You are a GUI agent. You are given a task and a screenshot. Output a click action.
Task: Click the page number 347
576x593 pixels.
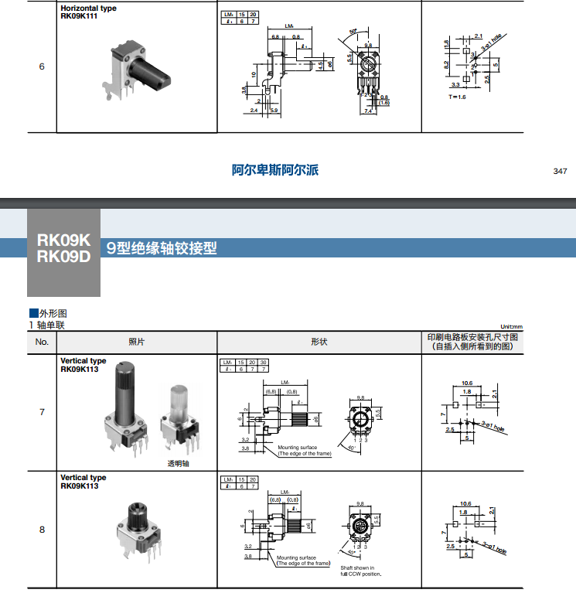560,171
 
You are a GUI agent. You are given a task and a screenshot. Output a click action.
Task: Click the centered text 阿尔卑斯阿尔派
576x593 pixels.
275,170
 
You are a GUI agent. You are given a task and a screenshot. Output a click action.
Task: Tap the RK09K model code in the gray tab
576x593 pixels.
63,240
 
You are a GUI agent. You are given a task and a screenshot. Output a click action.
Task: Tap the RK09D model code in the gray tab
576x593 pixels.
63,257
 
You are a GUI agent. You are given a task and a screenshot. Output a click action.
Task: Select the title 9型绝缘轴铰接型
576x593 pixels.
162,249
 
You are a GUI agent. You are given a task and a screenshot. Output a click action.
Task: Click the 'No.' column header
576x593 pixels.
42,342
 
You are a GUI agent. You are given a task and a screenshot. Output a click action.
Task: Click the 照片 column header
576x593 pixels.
136,342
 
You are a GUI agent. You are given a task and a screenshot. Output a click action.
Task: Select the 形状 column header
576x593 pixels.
319,342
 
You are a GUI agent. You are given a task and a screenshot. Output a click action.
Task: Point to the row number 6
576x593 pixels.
42,66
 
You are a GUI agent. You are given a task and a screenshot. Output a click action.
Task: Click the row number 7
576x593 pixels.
42,412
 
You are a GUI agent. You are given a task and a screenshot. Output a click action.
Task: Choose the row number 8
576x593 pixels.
42,530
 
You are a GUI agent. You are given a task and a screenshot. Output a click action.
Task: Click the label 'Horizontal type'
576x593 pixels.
88,9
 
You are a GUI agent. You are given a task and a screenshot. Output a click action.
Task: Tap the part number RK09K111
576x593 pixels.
79,16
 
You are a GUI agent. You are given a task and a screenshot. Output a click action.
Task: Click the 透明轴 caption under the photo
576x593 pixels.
179,464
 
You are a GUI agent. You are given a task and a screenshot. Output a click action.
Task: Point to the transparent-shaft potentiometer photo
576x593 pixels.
179,421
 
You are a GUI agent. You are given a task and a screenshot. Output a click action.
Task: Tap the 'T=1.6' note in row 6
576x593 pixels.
457,97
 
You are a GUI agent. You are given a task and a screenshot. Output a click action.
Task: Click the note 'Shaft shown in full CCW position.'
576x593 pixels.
361,571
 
